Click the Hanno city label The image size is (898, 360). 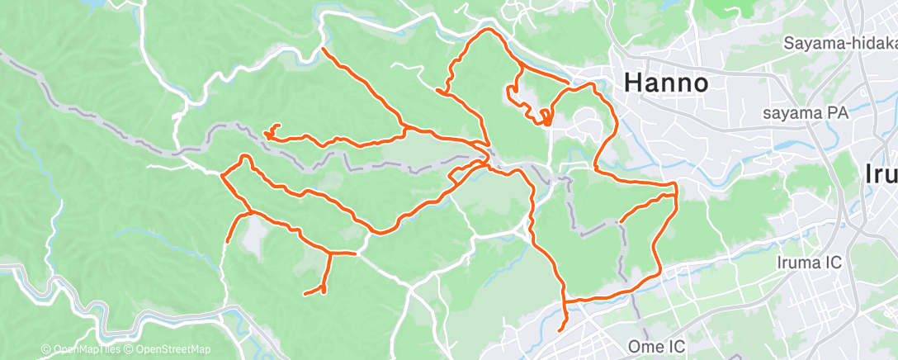(x=666, y=83)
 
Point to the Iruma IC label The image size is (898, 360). (x=809, y=263)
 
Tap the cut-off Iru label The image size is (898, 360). (x=881, y=173)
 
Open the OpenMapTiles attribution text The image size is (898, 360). (x=85, y=350)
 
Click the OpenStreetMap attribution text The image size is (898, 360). (x=172, y=350)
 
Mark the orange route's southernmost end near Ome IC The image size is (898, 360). (x=560, y=330)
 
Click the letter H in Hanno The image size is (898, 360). (x=633, y=83)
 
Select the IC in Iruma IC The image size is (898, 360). (x=831, y=263)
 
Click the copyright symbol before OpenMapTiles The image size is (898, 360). (x=46, y=350)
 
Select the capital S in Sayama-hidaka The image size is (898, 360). (x=790, y=43)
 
